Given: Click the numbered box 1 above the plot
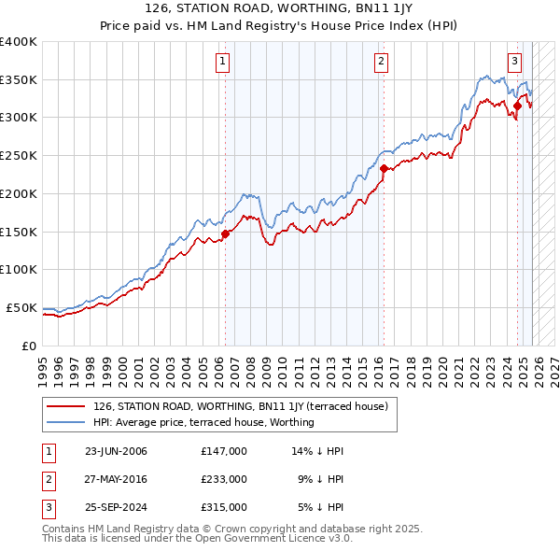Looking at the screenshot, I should (x=224, y=63).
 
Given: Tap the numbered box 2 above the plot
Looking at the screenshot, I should (x=383, y=63).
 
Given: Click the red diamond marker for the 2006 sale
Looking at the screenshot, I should (x=226, y=233).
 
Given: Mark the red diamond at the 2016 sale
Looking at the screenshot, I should (x=384, y=168).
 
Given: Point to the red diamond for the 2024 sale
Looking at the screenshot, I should (x=517, y=106).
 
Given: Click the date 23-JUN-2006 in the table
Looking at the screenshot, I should (x=116, y=451).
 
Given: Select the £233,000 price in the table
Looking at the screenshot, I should (x=224, y=479).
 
